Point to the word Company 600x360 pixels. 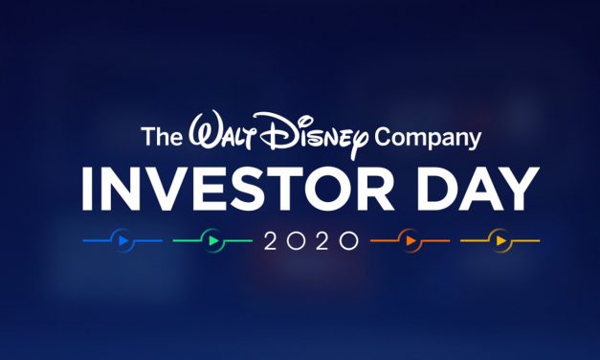coord(427,139)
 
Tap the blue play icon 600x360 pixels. coord(122,239)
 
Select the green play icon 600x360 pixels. coord(213,239)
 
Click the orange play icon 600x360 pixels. coord(409,239)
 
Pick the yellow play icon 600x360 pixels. coord(500,239)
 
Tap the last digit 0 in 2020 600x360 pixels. coord(350,239)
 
